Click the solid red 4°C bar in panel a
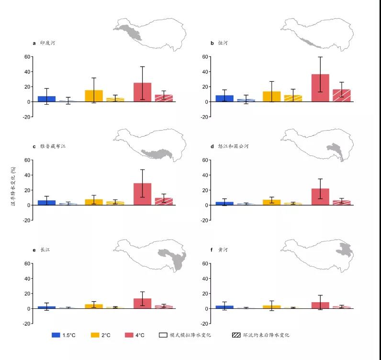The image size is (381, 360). pyautogui.click(x=142, y=92)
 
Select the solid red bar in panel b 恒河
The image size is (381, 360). pyautogui.click(x=320, y=88)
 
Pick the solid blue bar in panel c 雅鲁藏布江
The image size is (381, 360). pyautogui.click(x=46, y=203)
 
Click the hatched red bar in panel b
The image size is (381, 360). pyautogui.click(x=342, y=96)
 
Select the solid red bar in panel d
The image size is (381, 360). pyautogui.click(x=320, y=196)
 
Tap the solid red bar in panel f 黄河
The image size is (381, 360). pyautogui.click(x=320, y=305)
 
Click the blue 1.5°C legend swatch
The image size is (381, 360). pyautogui.click(x=57, y=335)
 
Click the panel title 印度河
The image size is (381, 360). pyautogui.click(x=47, y=43)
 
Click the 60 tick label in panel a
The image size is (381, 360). pyautogui.click(x=27, y=56)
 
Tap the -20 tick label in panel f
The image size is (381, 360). pyautogui.click(x=204, y=324)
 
